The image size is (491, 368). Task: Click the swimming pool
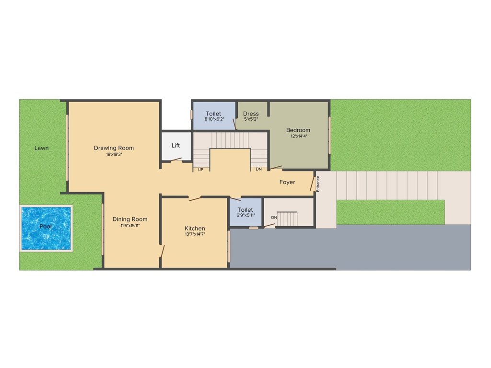46,228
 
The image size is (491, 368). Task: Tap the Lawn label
42,148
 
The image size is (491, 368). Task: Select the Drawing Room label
114,148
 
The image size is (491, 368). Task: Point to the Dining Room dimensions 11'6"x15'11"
130,226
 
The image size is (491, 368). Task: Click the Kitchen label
195,228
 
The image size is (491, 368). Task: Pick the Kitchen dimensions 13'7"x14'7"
195,234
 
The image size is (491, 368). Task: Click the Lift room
176,146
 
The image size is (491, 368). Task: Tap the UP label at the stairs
200,169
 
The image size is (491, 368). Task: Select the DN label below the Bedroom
258,169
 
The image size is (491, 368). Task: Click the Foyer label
287,182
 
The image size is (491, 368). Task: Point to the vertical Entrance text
317,184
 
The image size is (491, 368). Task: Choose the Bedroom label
298,130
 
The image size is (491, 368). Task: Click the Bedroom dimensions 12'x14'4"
298,136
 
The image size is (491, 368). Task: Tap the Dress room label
251,114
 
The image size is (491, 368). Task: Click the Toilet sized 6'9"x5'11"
245,212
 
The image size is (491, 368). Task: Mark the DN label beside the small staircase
274,218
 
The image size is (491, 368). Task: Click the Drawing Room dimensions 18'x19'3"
114,154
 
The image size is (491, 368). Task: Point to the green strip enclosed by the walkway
390,212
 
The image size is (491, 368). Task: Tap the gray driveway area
350,247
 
